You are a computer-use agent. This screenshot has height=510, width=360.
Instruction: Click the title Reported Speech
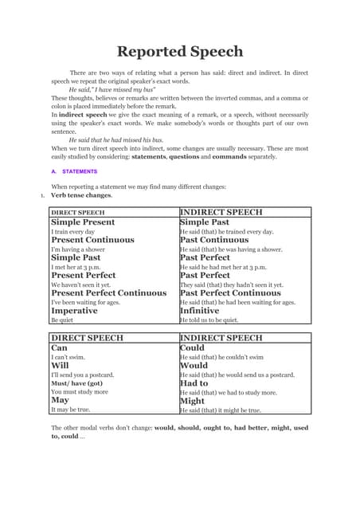tap(179, 52)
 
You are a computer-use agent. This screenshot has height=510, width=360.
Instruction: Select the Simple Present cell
tap(83, 222)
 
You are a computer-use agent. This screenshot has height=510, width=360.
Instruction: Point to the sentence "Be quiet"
tap(62, 320)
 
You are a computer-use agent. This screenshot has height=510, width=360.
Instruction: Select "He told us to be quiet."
tap(209, 320)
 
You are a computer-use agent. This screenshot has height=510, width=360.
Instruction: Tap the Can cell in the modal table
tap(60, 348)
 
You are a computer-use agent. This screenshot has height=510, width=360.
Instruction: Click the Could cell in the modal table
tap(193, 348)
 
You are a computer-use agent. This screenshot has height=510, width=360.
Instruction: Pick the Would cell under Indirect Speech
tap(194, 366)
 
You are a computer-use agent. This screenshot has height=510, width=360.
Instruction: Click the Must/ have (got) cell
tap(77, 383)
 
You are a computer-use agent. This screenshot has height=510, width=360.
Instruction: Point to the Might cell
tap(194, 401)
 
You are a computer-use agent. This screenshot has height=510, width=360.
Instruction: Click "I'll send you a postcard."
tap(82, 375)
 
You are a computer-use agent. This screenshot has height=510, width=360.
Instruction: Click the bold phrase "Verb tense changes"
tap(81, 194)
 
